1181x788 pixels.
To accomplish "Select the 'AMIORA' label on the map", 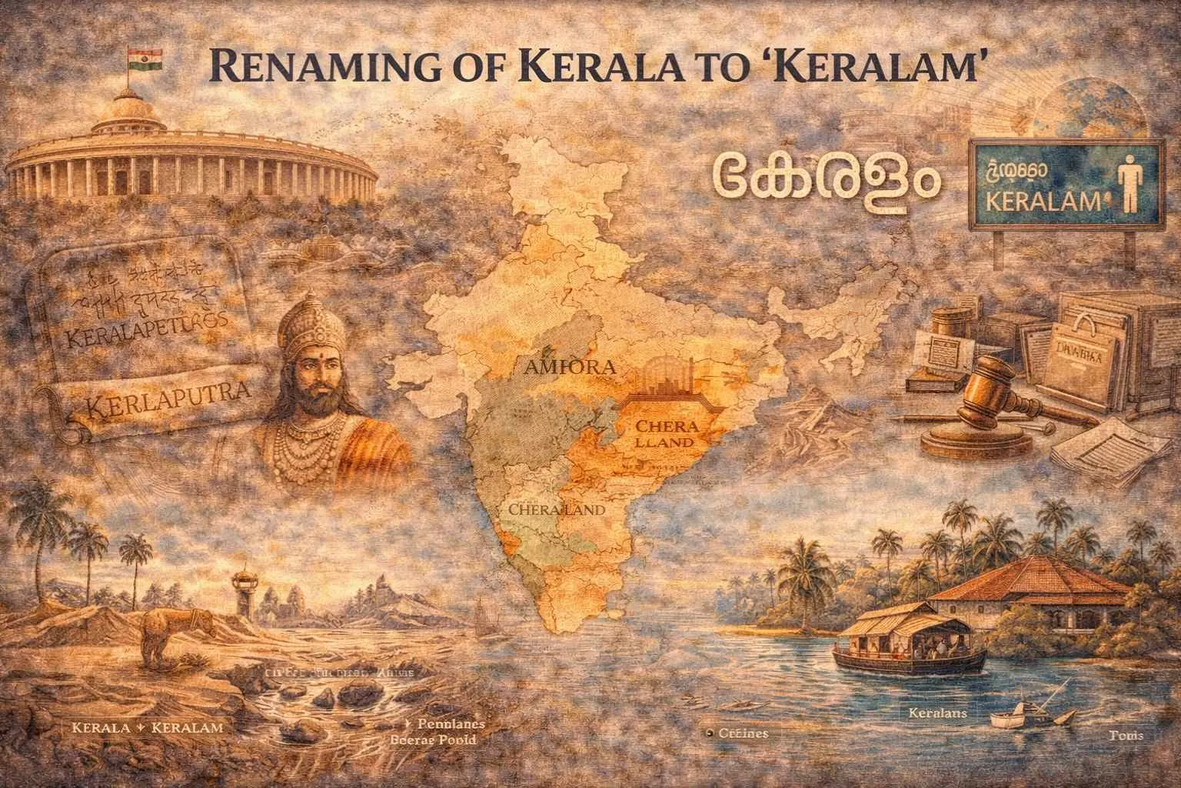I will (568, 367).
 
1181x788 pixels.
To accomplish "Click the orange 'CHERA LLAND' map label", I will (661, 435).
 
